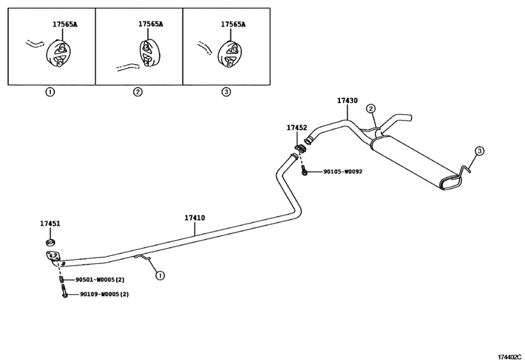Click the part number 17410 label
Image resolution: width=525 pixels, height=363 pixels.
(195, 218)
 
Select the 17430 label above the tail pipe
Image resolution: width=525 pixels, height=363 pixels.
(347, 100)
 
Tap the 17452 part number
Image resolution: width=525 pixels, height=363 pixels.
(296, 128)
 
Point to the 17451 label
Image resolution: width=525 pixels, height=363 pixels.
(50, 223)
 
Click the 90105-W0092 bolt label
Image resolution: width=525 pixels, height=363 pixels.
(342, 172)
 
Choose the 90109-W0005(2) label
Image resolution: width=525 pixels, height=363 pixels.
(104, 294)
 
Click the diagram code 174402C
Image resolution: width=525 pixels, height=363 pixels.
(509, 357)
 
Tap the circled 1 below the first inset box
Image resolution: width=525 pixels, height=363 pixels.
(50, 92)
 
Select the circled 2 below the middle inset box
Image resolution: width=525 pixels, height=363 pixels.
(138, 92)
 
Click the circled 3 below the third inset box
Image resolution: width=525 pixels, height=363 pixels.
(227, 92)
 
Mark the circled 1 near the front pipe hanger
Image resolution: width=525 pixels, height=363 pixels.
(160, 275)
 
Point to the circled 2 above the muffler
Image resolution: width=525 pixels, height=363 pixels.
(371, 109)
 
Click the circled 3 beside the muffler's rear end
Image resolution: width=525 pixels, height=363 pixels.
(480, 151)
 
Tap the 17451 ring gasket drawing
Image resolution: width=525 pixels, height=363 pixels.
(50, 242)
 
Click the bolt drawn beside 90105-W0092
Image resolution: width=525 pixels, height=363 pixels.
(304, 171)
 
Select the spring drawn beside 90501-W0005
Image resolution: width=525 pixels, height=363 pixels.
(61, 279)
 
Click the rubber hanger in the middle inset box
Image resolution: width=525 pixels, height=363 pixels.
(148, 53)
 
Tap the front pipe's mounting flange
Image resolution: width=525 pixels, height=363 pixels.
(52, 257)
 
